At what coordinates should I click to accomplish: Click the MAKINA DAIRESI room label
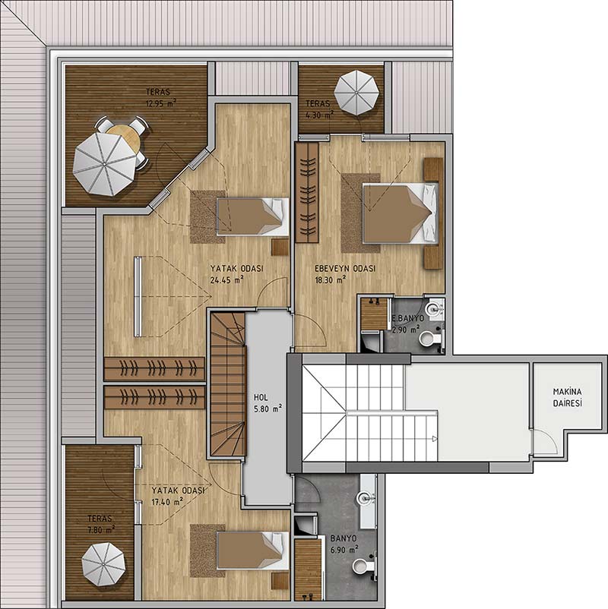pyautogui.click(x=568, y=397)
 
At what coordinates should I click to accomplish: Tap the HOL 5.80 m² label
pyautogui.click(x=268, y=403)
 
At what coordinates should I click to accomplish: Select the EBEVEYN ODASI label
pyautogui.click(x=345, y=268)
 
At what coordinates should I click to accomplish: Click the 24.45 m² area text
pyautogui.click(x=226, y=279)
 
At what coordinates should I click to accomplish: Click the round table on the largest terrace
pyautogui.click(x=124, y=140)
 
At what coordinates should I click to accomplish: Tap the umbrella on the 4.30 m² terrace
pyautogui.click(x=356, y=93)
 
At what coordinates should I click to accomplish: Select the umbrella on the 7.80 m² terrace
pyautogui.click(x=103, y=565)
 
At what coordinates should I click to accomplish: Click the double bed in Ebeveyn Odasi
pyautogui.click(x=401, y=213)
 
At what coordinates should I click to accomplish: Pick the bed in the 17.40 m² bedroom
pyautogui.click(x=252, y=551)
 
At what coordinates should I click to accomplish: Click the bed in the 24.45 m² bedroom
pyautogui.click(x=252, y=216)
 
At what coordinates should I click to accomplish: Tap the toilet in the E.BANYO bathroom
pyautogui.click(x=430, y=338)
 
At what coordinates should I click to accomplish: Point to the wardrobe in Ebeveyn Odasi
pyautogui.click(x=307, y=192)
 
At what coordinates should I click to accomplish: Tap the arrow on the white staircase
pyautogui.click(x=435, y=439)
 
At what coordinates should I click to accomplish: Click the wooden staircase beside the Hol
pyautogui.click(x=228, y=384)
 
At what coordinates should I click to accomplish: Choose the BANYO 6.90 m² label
pyautogui.click(x=344, y=544)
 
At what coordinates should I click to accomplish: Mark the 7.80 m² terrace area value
pyautogui.click(x=101, y=529)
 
